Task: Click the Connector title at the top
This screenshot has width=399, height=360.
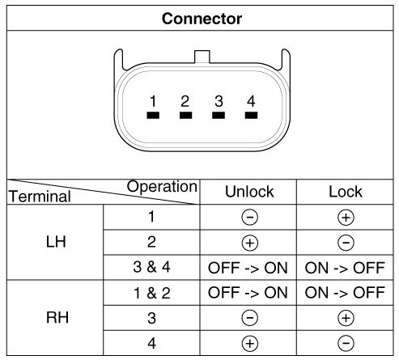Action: click(202, 19)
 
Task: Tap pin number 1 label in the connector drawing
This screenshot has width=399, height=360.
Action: click(153, 101)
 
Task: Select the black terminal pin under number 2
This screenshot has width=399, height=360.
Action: click(185, 116)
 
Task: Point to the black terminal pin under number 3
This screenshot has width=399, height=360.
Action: click(219, 116)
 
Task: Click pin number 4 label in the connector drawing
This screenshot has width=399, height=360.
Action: click(251, 101)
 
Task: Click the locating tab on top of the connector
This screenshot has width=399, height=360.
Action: click(202, 57)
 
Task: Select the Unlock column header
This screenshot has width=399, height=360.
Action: click(249, 192)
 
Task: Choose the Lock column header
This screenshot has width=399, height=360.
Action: click(346, 192)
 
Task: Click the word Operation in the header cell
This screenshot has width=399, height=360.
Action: click(162, 187)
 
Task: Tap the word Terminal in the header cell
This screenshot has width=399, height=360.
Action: click(40, 196)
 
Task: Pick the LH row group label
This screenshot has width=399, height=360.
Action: click(56, 242)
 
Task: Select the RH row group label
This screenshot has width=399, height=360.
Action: click(57, 317)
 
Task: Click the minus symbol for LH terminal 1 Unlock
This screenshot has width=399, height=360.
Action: click(250, 218)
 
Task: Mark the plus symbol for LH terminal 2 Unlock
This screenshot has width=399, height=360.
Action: click(250, 243)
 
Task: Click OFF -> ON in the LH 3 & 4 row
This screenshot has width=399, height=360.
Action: click(248, 268)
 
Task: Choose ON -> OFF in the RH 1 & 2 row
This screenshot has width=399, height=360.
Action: click(345, 293)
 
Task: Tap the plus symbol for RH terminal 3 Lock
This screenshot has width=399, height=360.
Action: click(346, 318)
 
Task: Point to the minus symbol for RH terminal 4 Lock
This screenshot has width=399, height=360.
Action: click(346, 343)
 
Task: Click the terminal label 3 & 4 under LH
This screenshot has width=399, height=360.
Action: click(151, 267)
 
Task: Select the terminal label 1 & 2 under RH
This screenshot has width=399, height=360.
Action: click(152, 293)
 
